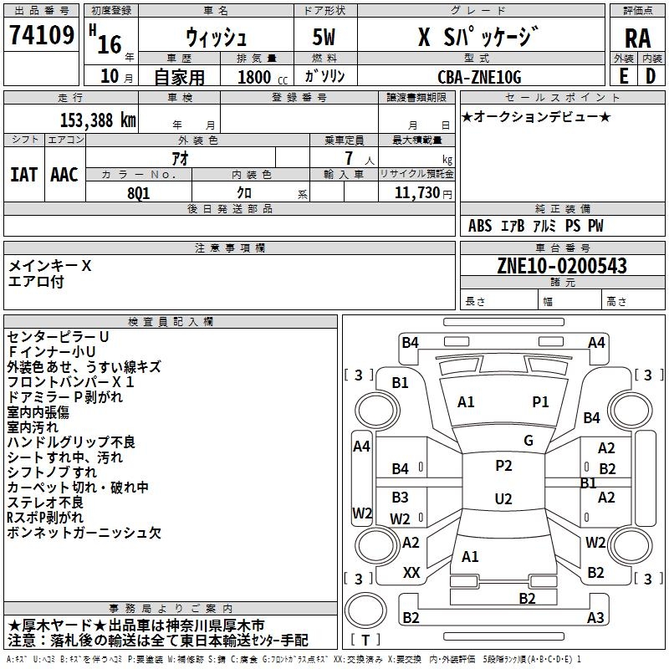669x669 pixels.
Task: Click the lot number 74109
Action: pos(41,37)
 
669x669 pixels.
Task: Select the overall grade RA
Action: pos(637,38)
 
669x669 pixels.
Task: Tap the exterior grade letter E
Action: pos(623,75)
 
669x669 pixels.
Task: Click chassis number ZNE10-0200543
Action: pos(562,267)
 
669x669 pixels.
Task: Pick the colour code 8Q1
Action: pos(140,192)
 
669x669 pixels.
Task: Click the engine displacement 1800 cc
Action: pos(258,77)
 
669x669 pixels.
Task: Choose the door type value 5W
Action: pos(326,38)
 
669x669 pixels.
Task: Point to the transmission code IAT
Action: pos(23,175)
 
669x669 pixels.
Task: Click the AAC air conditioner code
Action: pos(64,175)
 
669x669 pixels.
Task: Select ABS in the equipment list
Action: pos(480,226)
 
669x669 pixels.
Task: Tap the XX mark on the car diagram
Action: pos(411,573)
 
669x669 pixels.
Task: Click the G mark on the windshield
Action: pos(529,441)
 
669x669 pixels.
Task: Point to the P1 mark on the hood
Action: pos(541,402)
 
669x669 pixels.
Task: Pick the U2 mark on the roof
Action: pos(503,499)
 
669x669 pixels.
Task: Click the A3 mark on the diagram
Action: pos(595,618)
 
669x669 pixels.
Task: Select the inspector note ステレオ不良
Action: pos(45,502)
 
